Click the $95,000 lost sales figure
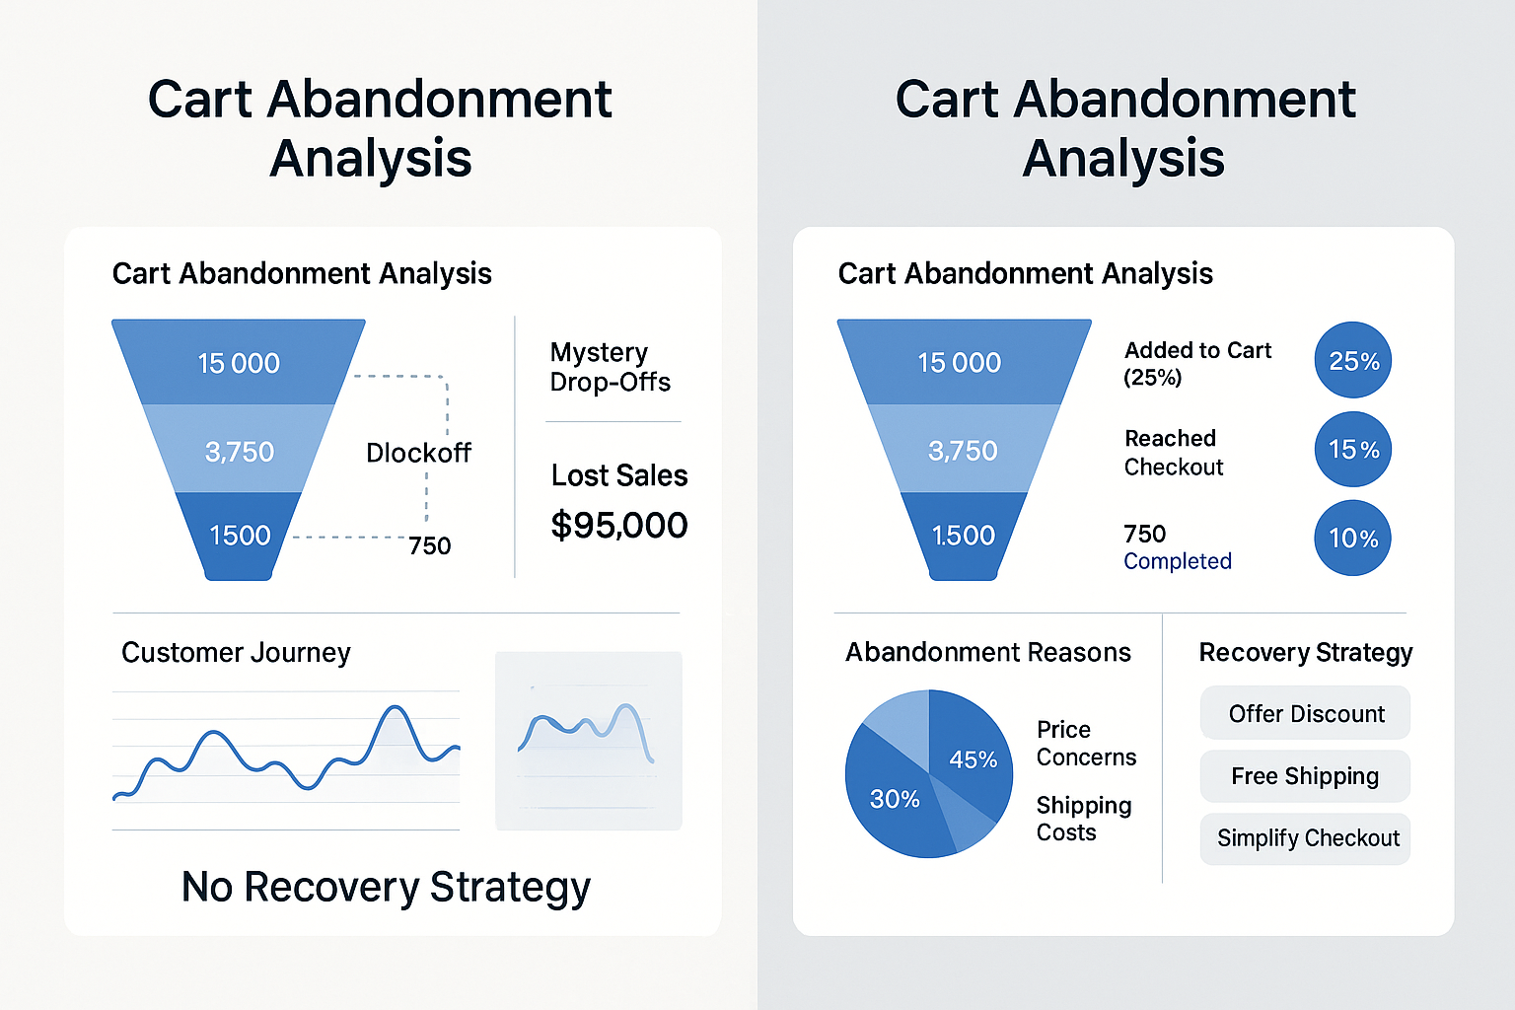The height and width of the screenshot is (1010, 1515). (x=618, y=525)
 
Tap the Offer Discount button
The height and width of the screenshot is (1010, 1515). (x=1305, y=713)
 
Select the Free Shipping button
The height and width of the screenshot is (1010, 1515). (x=1305, y=776)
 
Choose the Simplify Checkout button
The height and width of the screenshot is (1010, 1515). (x=1305, y=838)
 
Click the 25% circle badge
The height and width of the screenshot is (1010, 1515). (x=1353, y=361)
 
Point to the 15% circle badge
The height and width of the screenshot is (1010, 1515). (x=1353, y=450)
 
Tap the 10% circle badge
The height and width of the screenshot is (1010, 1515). (x=1353, y=539)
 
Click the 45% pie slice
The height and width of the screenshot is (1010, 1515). (x=971, y=755)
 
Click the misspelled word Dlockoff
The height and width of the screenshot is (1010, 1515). (x=418, y=453)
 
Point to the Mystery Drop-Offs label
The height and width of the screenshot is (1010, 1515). (x=610, y=367)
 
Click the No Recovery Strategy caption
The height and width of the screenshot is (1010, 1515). (x=386, y=887)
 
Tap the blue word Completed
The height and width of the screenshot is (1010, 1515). (x=1178, y=561)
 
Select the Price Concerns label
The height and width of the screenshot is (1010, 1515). (x=1086, y=743)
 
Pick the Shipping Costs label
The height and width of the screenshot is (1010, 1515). (x=1084, y=819)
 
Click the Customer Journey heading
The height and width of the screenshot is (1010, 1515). (x=236, y=653)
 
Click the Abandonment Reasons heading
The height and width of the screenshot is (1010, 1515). (x=987, y=653)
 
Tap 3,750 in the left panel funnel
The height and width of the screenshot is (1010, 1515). (x=240, y=452)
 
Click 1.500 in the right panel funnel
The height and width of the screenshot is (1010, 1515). (x=964, y=536)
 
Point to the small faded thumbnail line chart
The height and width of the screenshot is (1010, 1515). (x=588, y=740)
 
